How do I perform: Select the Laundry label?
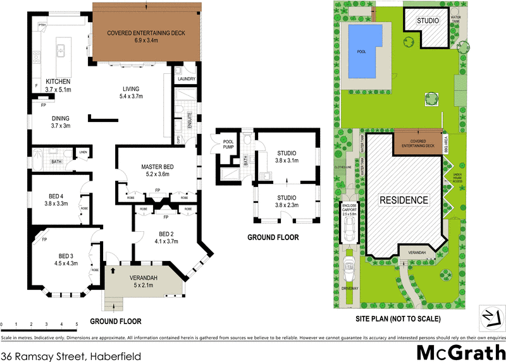pos(187,79)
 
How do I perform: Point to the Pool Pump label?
pos(228,143)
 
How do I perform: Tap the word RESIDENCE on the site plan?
pos(404,200)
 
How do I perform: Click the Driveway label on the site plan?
pos(350,289)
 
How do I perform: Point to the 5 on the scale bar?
pos(77,324)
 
